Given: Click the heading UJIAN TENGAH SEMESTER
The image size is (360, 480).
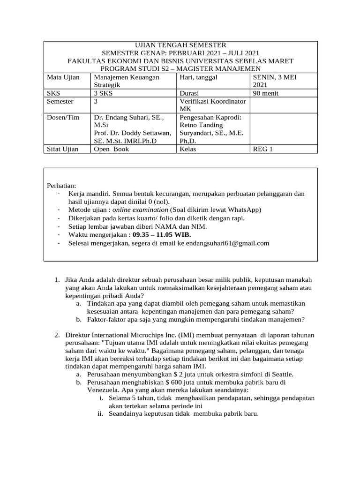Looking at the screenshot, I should coord(180,45).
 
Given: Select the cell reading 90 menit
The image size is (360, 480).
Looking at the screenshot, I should coord(265,93).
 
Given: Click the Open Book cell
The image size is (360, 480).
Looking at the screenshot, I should coord(111,149).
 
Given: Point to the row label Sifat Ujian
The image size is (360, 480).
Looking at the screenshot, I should coord(63,149).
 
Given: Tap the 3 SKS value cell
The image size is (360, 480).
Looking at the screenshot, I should coord(104,93).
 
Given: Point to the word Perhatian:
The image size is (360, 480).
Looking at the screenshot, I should coord(62,185).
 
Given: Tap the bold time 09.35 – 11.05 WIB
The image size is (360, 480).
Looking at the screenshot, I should coord(162,234).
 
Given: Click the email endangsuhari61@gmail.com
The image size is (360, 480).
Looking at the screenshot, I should coord(227,243).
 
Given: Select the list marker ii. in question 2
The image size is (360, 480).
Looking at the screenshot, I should coord(101,414).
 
